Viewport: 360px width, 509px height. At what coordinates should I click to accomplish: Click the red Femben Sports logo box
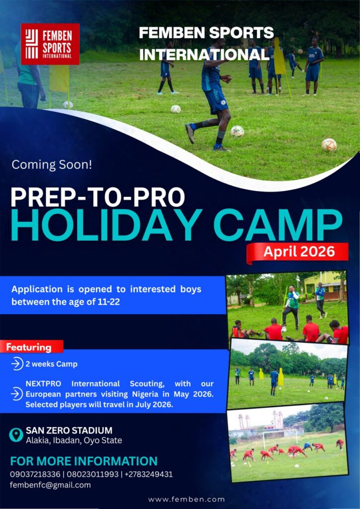[50, 44]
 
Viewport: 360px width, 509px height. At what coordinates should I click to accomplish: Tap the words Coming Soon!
[52, 165]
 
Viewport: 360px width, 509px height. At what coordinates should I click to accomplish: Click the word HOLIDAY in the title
[106, 225]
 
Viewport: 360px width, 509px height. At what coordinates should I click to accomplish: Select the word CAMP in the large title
[278, 225]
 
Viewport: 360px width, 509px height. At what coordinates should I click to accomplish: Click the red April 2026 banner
[298, 252]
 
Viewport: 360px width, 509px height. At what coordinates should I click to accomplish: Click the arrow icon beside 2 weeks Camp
[17, 364]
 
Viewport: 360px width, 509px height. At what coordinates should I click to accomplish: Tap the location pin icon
[16, 434]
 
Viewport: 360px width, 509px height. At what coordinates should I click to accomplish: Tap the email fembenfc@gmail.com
[50, 485]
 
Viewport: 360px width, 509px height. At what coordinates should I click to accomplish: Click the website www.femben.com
[186, 499]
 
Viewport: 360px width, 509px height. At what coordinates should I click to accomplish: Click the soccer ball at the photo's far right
[329, 145]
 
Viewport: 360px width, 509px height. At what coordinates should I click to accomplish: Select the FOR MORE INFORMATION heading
[84, 461]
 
